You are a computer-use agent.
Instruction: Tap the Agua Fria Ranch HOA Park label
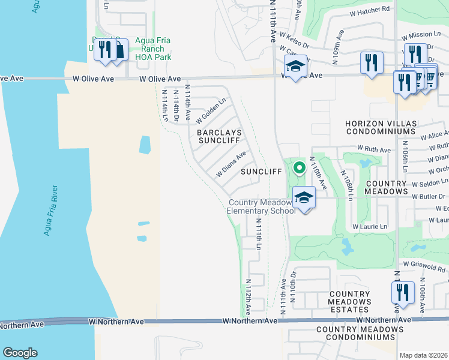(x=153, y=49)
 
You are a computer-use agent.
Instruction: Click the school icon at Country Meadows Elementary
(x=304, y=198)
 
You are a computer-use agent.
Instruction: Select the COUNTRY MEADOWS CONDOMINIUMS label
(x=360, y=334)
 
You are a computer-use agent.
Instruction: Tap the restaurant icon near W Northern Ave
(x=402, y=293)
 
